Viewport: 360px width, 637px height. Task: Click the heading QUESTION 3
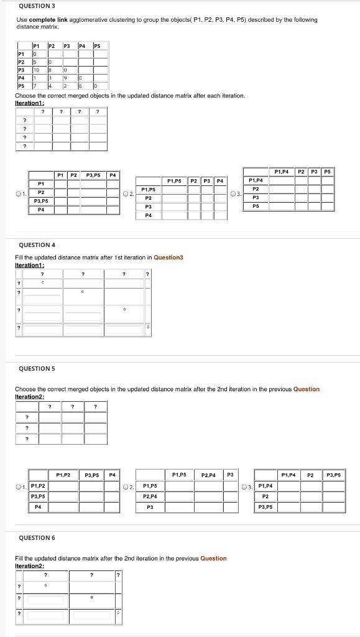point(37,6)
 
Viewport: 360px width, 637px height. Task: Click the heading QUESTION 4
point(37,245)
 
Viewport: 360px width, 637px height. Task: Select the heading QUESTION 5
point(37,369)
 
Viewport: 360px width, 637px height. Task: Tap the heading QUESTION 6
point(37,537)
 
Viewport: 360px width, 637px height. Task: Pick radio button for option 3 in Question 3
point(232,193)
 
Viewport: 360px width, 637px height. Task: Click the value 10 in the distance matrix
point(36,70)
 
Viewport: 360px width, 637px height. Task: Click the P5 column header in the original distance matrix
point(96,46)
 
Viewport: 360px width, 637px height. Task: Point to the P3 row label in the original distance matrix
point(21,70)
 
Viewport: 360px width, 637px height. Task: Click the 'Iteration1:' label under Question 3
point(30,103)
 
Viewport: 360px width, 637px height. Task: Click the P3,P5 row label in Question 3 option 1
point(41,201)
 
